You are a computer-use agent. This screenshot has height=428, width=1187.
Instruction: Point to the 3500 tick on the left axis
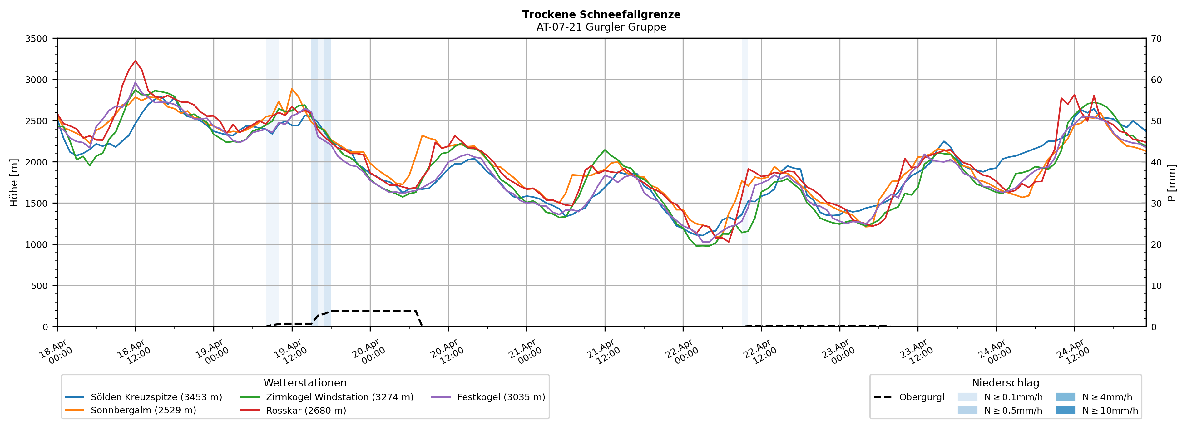click(37, 39)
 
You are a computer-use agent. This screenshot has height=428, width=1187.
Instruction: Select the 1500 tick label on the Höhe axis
click(37, 203)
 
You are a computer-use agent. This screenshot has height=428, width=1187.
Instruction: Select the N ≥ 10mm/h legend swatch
click(1065, 410)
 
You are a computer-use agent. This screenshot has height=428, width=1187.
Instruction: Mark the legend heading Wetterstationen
click(305, 383)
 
